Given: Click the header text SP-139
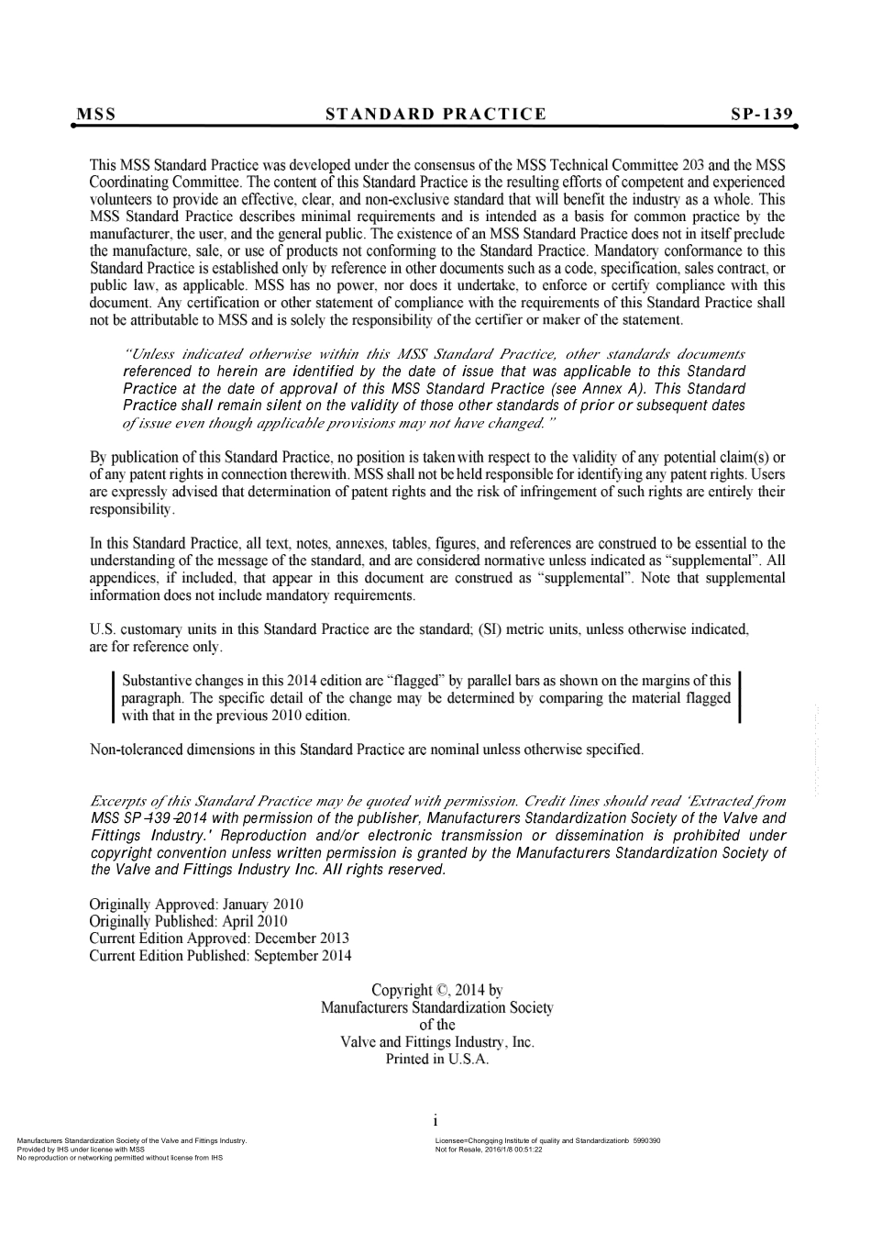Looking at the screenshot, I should click(x=762, y=115).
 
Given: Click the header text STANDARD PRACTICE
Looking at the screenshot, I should click(x=435, y=115).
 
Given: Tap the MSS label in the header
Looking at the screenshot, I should click(x=96, y=115).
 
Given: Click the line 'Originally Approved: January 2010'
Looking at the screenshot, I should click(x=196, y=905).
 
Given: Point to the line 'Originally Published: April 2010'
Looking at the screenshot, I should click(x=188, y=921).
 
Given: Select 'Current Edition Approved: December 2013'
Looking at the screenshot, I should click(x=219, y=939).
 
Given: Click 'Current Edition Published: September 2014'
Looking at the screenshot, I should click(x=220, y=956).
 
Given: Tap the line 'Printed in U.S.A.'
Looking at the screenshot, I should click(x=437, y=1060).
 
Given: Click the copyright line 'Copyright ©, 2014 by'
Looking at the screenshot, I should click(x=437, y=991).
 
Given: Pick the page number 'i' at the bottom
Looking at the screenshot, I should click(x=435, y=1121).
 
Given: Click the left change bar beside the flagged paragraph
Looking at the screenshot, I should click(x=112, y=698).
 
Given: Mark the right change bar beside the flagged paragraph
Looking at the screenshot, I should click(x=740, y=697).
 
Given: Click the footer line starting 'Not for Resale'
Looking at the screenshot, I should click(x=489, y=1149).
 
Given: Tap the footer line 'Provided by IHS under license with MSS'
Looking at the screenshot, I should click(x=82, y=1149).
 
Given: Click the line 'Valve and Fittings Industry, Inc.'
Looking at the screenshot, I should click(x=437, y=1042).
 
